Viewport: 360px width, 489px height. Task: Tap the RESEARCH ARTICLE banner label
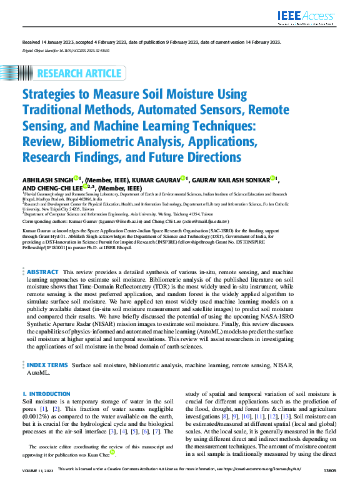coord(79,74)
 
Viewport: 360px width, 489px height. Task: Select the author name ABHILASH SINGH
coord(47,180)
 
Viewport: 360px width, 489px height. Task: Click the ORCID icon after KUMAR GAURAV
coord(182,179)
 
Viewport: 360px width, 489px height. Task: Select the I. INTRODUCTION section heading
coord(46,394)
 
